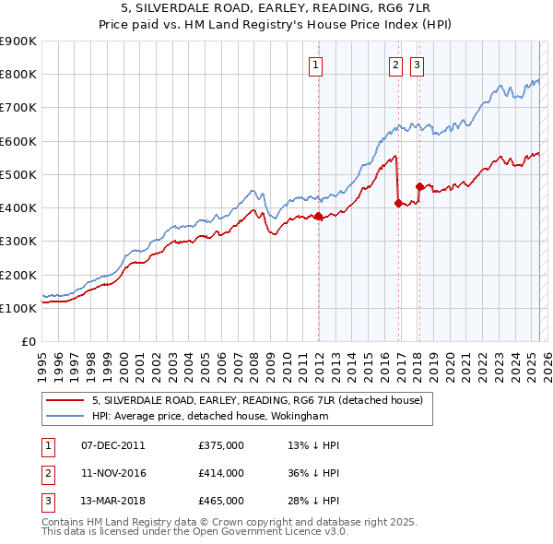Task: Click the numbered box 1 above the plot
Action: tap(315, 65)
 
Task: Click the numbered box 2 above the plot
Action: tap(395, 65)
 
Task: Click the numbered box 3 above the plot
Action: tap(418, 65)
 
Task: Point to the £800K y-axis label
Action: tap(18, 75)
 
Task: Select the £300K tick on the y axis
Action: tap(18, 242)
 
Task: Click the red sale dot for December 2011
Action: tap(319, 217)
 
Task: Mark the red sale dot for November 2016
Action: tap(399, 204)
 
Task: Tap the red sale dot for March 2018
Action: tap(419, 186)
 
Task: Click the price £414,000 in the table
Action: tap(221, 473)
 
